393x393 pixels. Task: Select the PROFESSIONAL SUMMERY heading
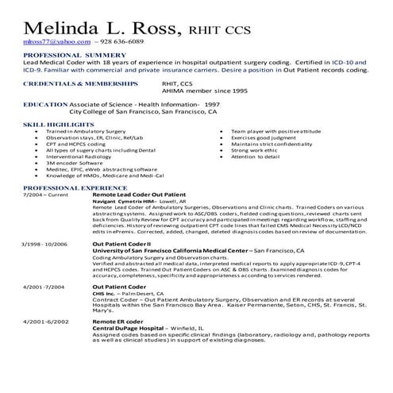coord(64,54)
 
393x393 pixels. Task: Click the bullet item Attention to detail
coord(254,156)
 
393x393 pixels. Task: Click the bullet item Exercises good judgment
coord(264,137)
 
